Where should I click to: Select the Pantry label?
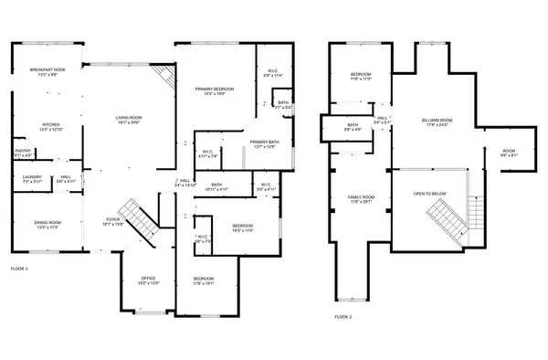point(23,153)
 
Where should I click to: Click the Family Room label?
point(362,199)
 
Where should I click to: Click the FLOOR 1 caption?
point(20,269)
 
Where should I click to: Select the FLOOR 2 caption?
point(342,315)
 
